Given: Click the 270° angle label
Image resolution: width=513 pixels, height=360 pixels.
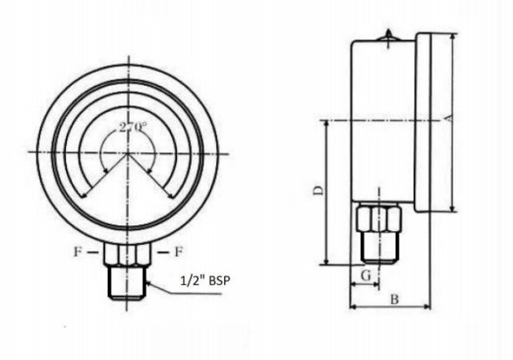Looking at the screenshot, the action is (x=132, y=127).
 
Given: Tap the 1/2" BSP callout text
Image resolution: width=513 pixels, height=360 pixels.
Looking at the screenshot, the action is (x=205, y=281).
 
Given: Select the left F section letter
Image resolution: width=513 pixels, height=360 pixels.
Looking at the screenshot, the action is (x=78, y=252).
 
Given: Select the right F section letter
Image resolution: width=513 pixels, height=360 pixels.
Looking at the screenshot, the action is (x=178, y=252).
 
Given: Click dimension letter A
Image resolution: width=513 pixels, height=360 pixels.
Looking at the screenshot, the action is (x=449, y=118).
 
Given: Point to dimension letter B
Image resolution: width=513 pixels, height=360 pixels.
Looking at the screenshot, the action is (x=395, y=299).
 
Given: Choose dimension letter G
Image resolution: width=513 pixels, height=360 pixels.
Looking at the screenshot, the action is (x=367, y=276).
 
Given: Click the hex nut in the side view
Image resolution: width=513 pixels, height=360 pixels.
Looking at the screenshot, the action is (x=379, y=218).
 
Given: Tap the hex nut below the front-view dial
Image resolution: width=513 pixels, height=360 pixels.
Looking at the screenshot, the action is (x=127, y=254).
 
